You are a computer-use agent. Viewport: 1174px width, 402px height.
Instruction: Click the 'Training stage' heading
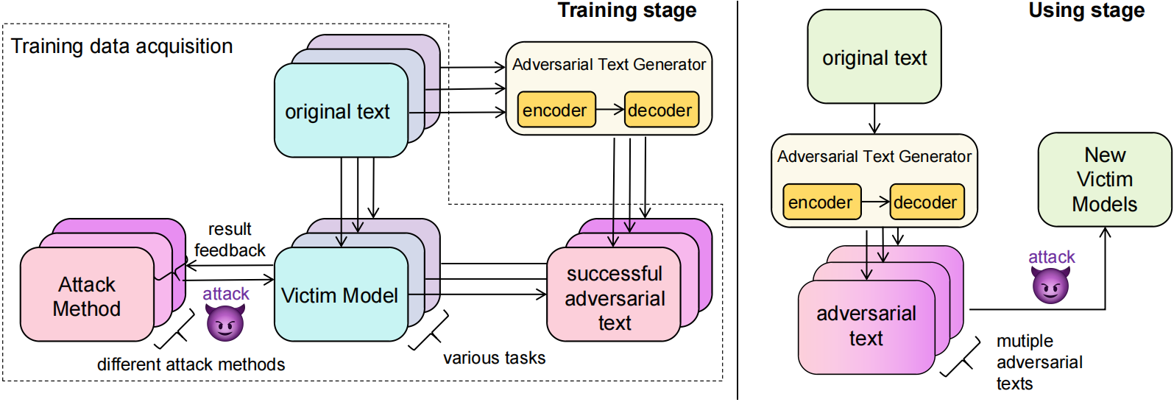click(626, 11)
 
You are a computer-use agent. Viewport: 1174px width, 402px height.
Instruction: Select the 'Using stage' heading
click(1086, 11)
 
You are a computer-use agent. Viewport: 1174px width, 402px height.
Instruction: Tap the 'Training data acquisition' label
click(121, 46)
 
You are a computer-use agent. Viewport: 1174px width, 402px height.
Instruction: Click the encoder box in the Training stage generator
click(556, 110)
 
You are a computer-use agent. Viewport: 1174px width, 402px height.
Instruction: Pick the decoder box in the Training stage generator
click(661, 110)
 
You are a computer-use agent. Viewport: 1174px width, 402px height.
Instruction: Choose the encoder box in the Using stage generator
click(821, 202)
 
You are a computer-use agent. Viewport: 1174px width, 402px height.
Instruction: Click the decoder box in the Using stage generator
click(926, 202)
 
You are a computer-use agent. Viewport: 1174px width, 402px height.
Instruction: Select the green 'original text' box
click(874, 57)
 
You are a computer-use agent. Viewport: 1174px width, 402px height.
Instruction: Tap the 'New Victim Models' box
click(1104, 180)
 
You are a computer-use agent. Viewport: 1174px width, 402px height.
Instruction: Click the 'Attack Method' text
click(87, 296)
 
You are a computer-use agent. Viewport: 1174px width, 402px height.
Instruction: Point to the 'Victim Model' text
click(339, 296)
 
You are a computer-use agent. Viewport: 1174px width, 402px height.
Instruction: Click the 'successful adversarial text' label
click(615, 298)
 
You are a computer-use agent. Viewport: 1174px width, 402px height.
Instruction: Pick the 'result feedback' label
click(229, 240)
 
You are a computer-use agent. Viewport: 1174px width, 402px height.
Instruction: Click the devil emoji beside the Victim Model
click(225, 322)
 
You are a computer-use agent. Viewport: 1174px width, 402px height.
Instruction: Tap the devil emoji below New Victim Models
click(1050, 285)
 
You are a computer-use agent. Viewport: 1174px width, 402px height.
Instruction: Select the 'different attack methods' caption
click(191, 364)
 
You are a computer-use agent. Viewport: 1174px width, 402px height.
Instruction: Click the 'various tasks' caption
click(494, 359)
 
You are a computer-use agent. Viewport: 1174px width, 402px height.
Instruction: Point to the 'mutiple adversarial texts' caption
click(1039, 362)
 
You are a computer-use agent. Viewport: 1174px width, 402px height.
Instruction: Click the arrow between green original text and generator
click(874, 119)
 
